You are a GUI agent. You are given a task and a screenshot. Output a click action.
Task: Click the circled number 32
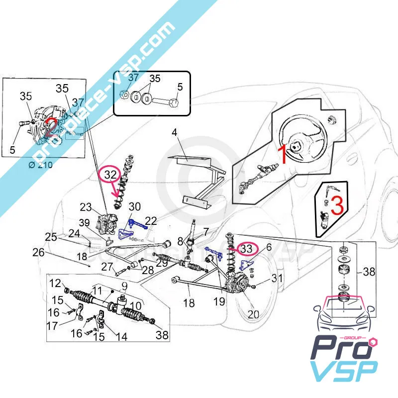pyautogui.click(x=109, y=175)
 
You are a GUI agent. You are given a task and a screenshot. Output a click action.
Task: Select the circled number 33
pyautogui.click(x=247, y=248)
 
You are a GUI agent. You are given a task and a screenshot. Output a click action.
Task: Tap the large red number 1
pyautogui.click(x=282, y=155)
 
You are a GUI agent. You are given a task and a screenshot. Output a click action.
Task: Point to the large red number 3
pyautogui.click(x=337, y=205)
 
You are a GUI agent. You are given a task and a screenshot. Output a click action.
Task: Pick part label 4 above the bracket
pyautogui.click(x=175, y=133)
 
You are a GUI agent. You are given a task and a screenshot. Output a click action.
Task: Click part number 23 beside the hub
pyautogui.click(x=86, y=207)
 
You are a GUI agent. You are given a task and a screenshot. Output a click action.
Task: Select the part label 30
pyautogui.click(x=135, y=207)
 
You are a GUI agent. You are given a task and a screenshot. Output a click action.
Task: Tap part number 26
pyautogui.click(x=39, y=253)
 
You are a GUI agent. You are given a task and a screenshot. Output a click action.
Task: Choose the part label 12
pyautogui.click(x=56, y=283)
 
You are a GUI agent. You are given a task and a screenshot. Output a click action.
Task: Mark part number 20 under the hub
pyautogui.click(x=253, y=314)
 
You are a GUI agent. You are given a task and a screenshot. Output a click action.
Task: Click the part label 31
pyautogui.click(x=278, y=279)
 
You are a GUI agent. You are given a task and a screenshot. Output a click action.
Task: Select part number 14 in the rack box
pyautogui.click(x=121, y=337)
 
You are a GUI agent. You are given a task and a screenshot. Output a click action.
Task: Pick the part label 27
pyautogui.click(x=108, y=268)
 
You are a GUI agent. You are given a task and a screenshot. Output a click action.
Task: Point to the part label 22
pyautogui.click(x=151, y=220)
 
